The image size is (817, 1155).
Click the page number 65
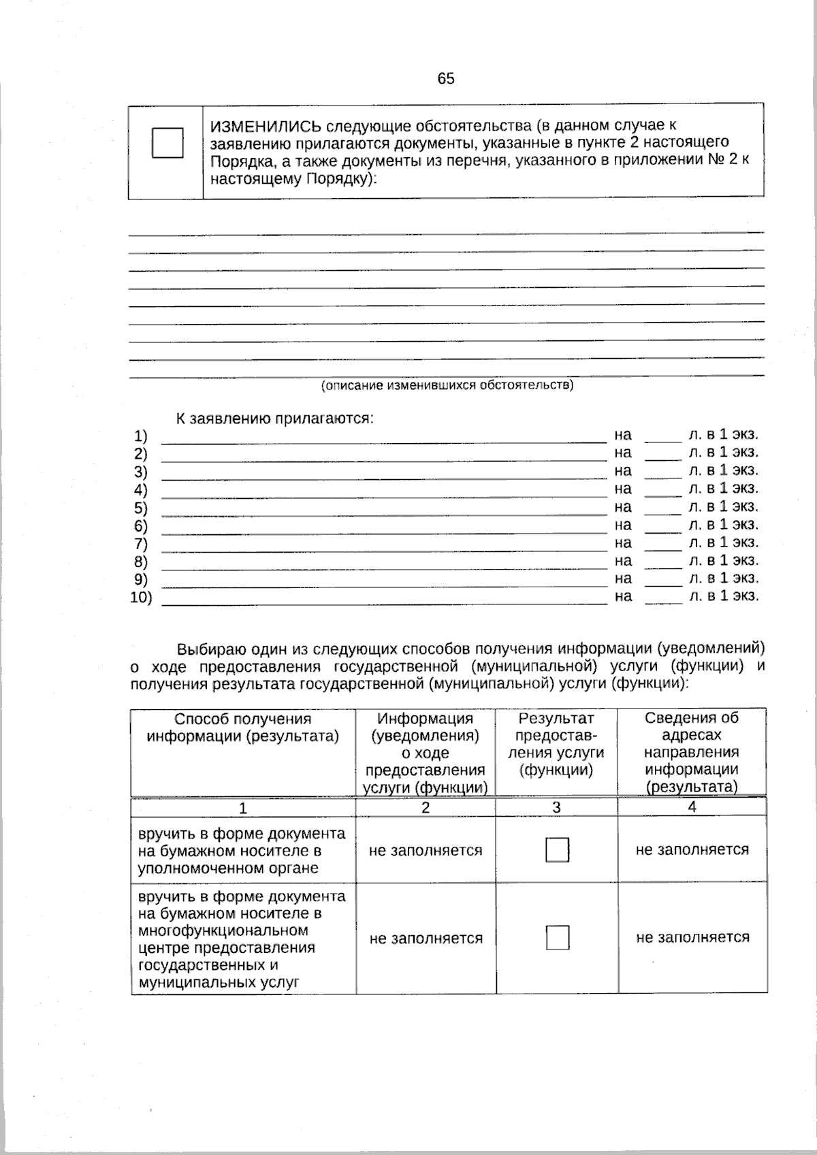[446, 78]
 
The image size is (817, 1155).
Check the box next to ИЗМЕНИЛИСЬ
[167, 143]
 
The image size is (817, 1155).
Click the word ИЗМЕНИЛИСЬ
[265, 127]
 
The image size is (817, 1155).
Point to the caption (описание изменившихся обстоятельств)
[447, 385]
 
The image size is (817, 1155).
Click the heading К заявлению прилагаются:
[274, 418]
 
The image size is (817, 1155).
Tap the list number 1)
[140, 436]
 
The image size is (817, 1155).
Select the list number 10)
[141, 598]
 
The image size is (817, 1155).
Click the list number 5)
[140, 508]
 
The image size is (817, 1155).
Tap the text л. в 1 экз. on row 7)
[723, 542]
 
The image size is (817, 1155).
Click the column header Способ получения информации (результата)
[243, 728]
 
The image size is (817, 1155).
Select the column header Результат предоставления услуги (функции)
[556, 745]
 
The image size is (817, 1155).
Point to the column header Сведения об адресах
[692, 726]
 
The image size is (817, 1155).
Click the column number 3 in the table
[556, 807]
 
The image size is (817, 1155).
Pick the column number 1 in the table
[242, 808]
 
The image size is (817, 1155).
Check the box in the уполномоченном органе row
[557, 849]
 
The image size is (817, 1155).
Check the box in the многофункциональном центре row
[557, 938]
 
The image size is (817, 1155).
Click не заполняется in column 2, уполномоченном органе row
[426, 850]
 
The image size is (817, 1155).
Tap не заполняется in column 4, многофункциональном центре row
[692, 937]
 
